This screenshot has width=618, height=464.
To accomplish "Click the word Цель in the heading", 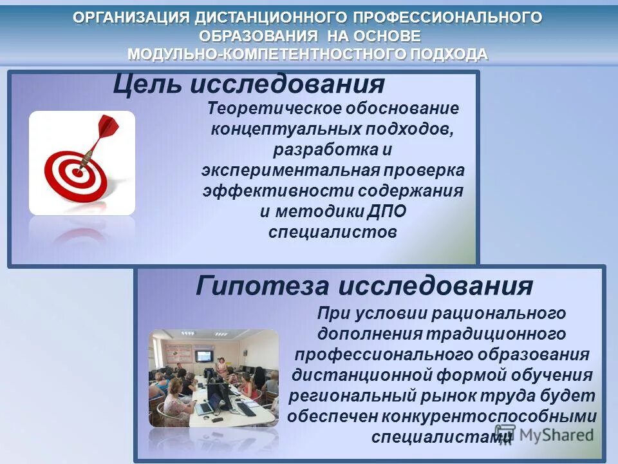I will pyautogui.click(x=147, y=84).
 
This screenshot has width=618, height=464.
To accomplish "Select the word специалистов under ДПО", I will pyautogui.click(x=332, y=232).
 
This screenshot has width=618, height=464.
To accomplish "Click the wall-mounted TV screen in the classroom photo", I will pyautogui.click(x=204, y=355).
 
